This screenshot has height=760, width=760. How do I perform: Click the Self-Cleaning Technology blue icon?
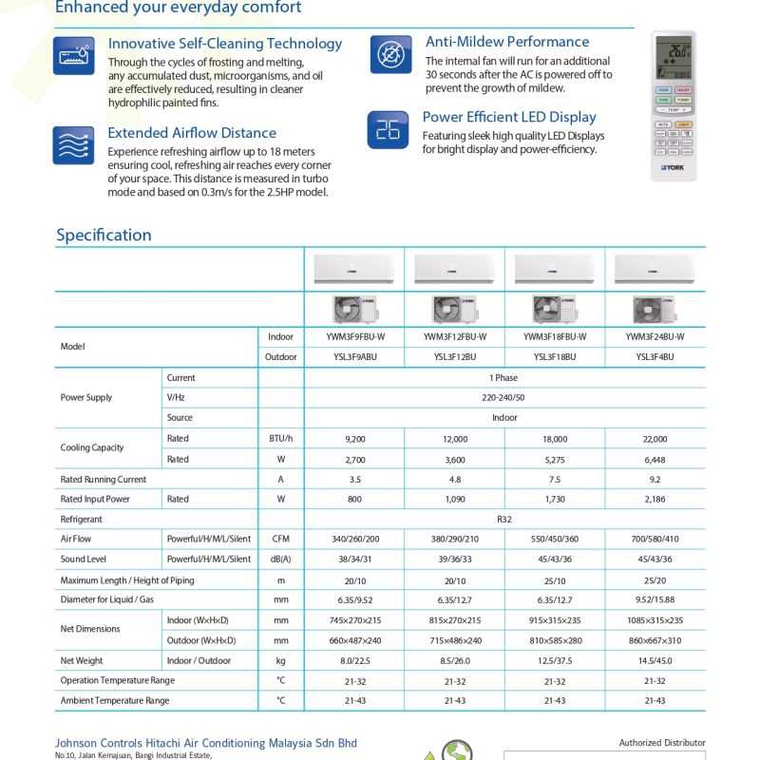[x=73, y=56]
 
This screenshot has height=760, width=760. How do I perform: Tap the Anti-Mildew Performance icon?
[x=389, y=55]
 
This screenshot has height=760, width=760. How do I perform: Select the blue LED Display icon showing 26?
[x=388, y=129]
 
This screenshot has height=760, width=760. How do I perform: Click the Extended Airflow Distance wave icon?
[x=73, y=145]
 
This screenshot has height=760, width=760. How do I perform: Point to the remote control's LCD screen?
[x=674, y=58]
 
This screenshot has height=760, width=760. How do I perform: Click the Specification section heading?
[x=104, y=235]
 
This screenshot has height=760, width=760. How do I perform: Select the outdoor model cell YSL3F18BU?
[x=555, y=357]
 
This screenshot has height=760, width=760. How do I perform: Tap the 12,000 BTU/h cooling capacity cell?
[x=454, y=439]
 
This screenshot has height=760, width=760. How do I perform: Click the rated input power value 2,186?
[x=655, y=499]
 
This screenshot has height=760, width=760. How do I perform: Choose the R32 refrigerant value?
[x=504, y=520]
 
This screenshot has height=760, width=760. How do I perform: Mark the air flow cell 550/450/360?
[x=555, y=539]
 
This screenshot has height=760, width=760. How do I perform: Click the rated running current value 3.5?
[x=354, y=480]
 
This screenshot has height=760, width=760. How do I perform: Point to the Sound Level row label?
[x=84, y=560]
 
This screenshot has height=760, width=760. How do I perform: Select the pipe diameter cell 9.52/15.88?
[x=655, y=599]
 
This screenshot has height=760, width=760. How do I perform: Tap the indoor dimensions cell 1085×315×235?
[x=655, y=619]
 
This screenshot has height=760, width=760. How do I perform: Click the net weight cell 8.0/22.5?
[x=354, y=660]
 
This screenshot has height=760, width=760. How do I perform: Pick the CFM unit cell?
[x=280, y=539]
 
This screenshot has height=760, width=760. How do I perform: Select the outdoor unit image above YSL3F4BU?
[x=655, y=310]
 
